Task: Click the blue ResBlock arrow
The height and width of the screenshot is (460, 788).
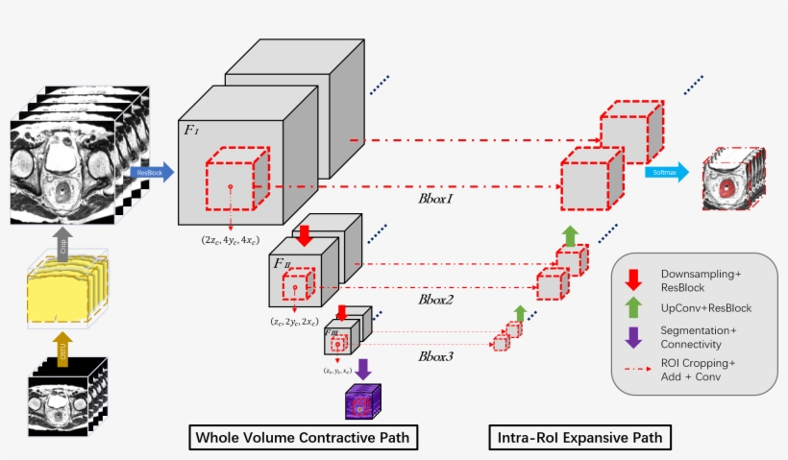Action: [154, 172]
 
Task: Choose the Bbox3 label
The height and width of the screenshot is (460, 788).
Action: [437, 356]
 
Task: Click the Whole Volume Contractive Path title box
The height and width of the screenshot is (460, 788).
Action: [303, 439]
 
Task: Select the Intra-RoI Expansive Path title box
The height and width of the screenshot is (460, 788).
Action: [579, 439]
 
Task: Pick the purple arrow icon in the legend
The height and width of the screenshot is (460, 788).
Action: [634, 338]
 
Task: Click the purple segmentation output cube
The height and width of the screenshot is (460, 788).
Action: [363, 400]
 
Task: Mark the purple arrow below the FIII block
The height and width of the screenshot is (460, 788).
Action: [364, 369]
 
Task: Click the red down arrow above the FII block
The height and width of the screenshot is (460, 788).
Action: [305, 236]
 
